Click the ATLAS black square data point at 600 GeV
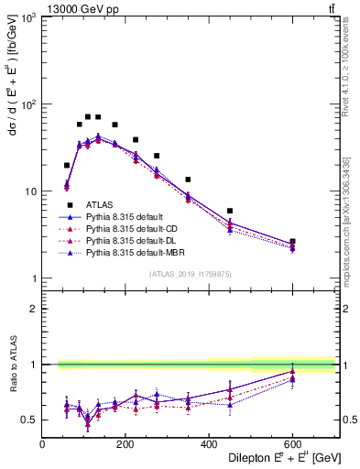(x=292, y=242)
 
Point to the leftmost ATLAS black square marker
(x=67, y=166)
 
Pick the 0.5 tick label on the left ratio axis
(x=29, y=420)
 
